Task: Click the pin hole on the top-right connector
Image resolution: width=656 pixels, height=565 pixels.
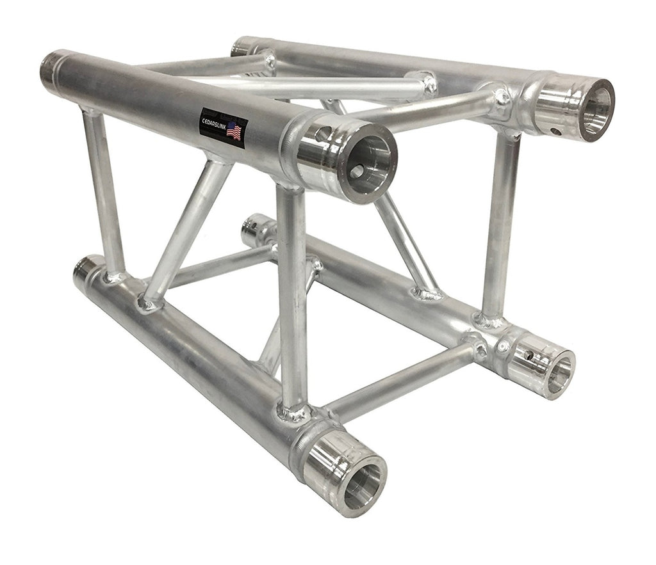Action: click(555, 132)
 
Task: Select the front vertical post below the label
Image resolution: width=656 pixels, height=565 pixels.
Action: click(292, 299)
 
